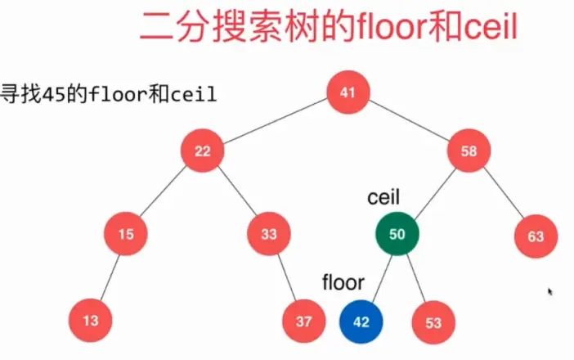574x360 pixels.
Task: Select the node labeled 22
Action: (x=204, y=151)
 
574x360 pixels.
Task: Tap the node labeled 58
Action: (x=469, y=151)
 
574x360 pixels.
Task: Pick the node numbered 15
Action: (x=125, y=235)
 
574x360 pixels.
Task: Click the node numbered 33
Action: (x=269, y=235)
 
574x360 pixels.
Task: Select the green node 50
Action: (x=397, y=235)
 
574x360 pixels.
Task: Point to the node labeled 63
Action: (x=536, y=237)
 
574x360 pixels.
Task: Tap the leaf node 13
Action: (x=90, y=321)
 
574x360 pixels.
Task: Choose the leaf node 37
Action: (x=304, y=321)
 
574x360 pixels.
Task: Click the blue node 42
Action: (x=361, y=321)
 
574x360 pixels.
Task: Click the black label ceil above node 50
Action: (x=383, y=198)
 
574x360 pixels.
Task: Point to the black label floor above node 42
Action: (x=343, y=283)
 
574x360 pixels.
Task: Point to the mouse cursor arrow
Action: (x=550, y=290)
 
